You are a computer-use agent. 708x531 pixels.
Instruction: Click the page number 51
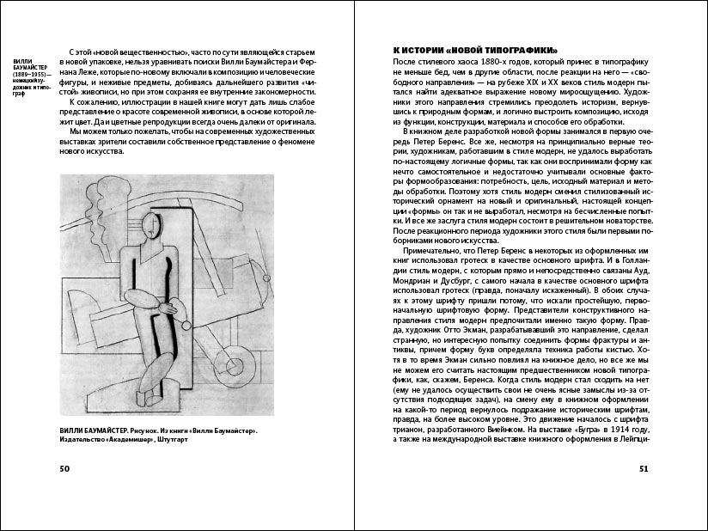point(644,468)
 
